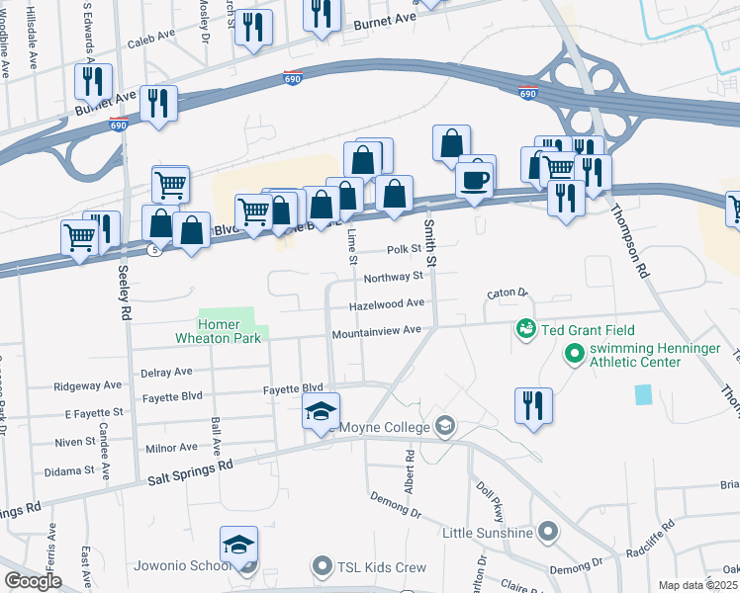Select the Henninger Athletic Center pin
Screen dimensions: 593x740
click(573, 352)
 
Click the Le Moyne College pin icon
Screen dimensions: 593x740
click(445, 426)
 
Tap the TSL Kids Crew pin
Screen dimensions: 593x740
click(322, 567)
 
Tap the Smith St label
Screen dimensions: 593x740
click(429, 236)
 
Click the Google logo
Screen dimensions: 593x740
click(33, 581)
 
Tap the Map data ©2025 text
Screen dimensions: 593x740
click(697, 585)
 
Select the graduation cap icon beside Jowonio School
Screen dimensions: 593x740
click(238, 546)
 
